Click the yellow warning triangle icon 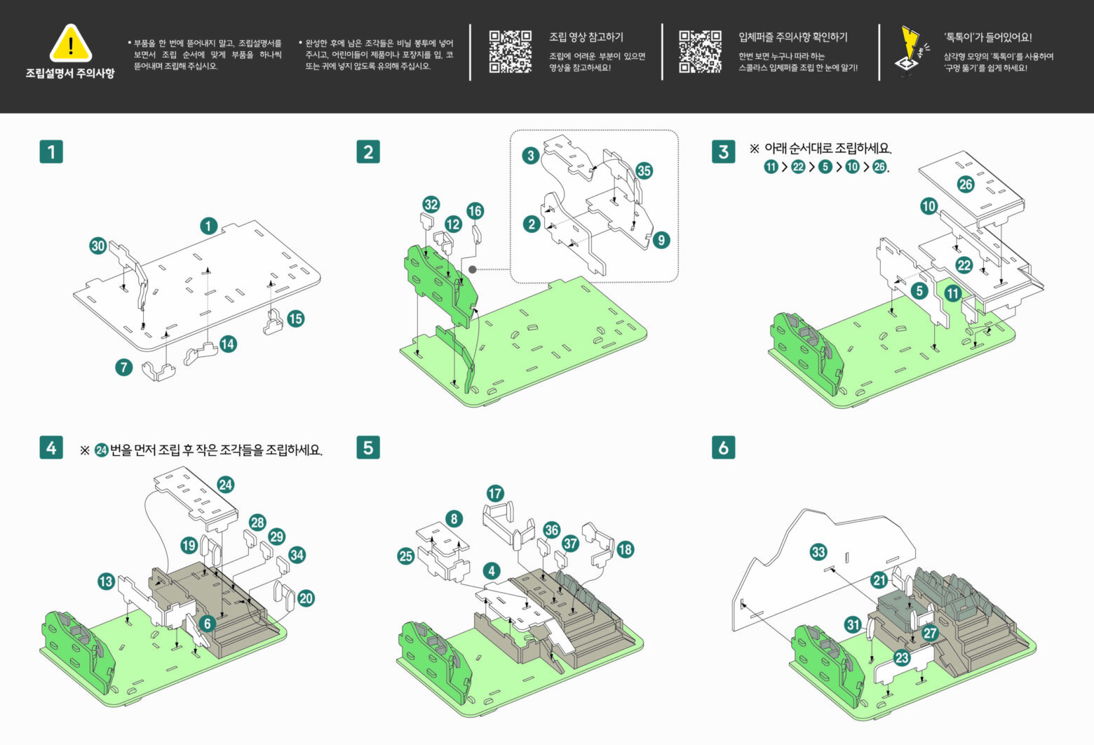pyautogui.click(x=71, y=43)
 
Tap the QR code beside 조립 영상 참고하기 pyautogui.click(x=510, y=51)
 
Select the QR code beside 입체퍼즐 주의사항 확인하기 pyautogui.click(x=700, y=51)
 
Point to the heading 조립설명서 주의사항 pyautogui.click(x=70, y=73)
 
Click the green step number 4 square pyautogui.click(x=51, y=448)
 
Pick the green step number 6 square pyautogui.click(x=724, y=448)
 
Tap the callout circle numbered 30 pyautogui.click(x=98, y=246)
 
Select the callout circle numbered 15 pyautogui.click(x=296, y=318)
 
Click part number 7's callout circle pyautogui.click(x=124, y=367)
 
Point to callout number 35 pyautogui.click(x=644, y=170)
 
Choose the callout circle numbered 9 pyautogui.click(x=661, y=240)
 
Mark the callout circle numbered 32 pyautogui.click(x=431, y=204)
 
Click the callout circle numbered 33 pyautogui.click(x=818, y=552)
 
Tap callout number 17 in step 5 pyautogui.click(x=495, y=493)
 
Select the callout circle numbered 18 pyautogui.click(x=626, y=549)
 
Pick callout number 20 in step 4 pyautogui.click(x=306, y=598)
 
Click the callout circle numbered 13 pyautogui.click(x=107, y=581)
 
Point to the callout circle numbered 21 pyautogui.click(x=879, y=580)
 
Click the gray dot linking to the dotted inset pyautogui.click(x=473, y=269)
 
